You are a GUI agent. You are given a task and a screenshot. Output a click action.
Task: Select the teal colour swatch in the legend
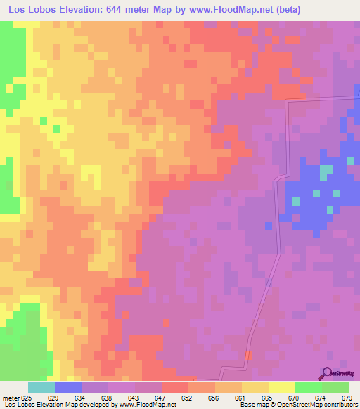[41, 387]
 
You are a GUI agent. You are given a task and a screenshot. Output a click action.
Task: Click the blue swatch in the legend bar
[68, 387]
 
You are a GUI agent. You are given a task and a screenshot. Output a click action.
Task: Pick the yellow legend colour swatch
[282, 387]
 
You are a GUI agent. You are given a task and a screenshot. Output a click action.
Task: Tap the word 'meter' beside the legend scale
[11, 398]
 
